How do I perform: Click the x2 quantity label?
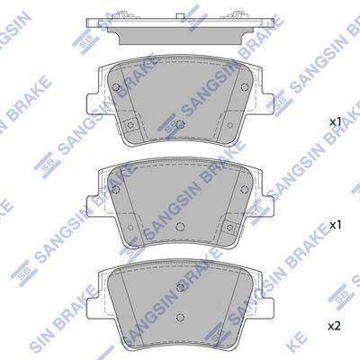point(335,326)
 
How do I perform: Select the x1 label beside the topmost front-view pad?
point(336,122)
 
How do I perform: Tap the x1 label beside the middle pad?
point(336,225)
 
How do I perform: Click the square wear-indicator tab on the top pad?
point(130,125)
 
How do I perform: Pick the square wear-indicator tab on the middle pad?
point(229,227)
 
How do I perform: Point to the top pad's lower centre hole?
point(180,124)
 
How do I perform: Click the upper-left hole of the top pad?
point(116,87)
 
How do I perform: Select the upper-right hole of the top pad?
point(244,87)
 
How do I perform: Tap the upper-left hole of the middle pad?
point(116,189)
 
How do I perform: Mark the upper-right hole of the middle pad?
point(244,189)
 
